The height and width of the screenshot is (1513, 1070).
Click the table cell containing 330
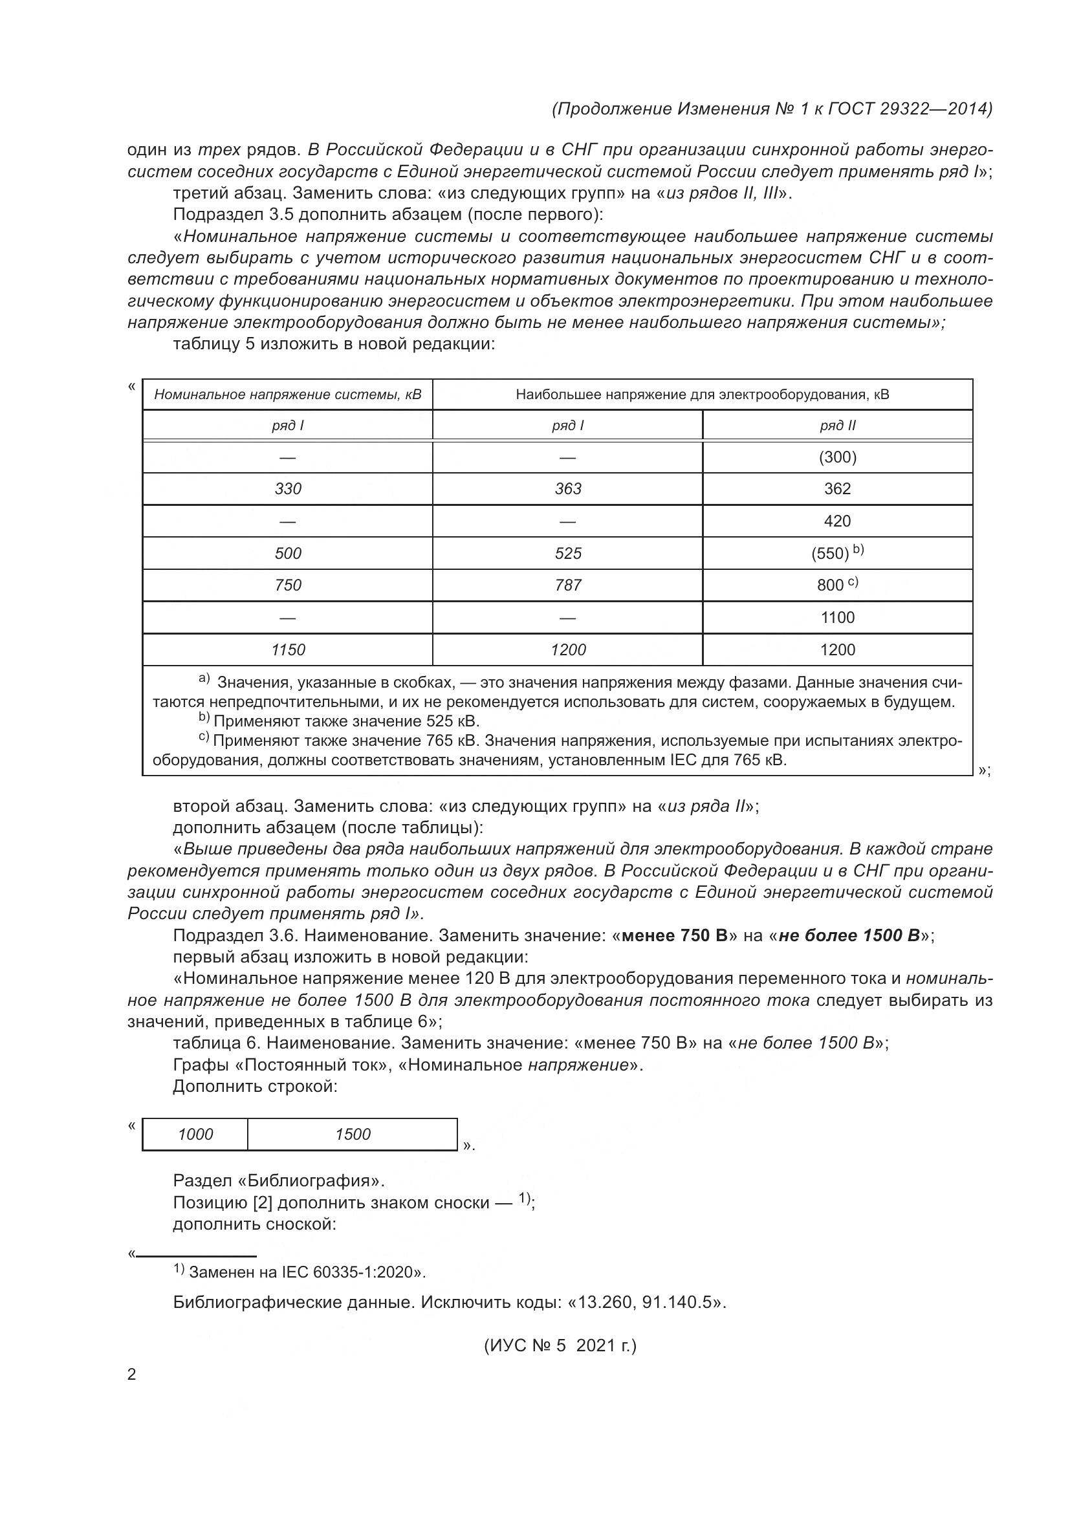click(x=288, y=488)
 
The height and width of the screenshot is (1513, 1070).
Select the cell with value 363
click(x=568, y=488)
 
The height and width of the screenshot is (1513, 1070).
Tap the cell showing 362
click(x=837, y=488)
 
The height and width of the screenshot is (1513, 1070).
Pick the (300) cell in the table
click(x=837, y=457)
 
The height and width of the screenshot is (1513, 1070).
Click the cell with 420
click(x=837, y=521)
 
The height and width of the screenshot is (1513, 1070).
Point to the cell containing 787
click(x=568, y=585)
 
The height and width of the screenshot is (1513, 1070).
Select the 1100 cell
click(x=837, y=617)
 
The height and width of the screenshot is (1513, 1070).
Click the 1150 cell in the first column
click(x=288, y=649)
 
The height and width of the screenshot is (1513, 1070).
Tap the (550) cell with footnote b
click(x=833, y=552)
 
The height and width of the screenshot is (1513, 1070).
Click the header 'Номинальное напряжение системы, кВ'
click(x=288, y=394)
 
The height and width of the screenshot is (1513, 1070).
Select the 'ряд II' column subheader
click(x=837, y=426)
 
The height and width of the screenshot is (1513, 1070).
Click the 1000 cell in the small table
click(x=195, y=1133)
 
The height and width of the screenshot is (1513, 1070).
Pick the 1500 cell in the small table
click(x=353, y=1133)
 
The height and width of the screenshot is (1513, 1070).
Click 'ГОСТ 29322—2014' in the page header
click(x=909, y=109)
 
